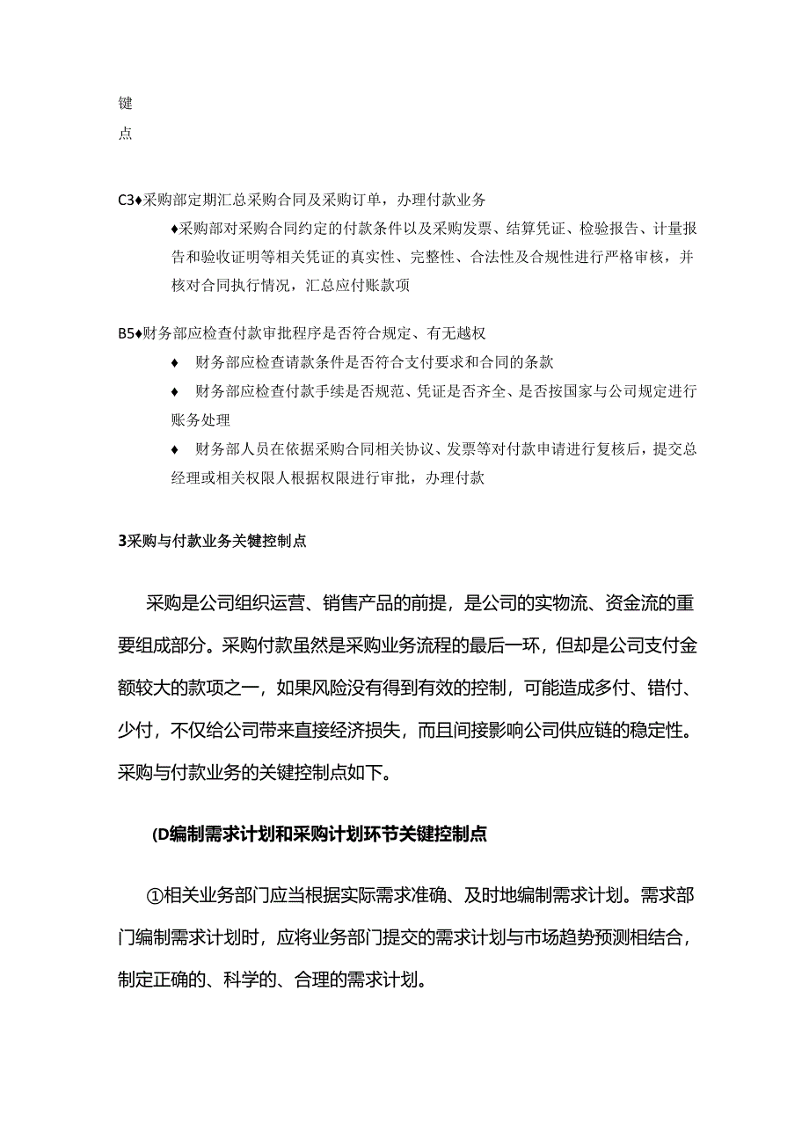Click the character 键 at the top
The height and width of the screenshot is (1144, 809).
[x=125, y=104]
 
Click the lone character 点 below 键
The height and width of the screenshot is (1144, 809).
[x=125, y=135]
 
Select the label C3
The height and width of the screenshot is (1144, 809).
[x=124, y=200]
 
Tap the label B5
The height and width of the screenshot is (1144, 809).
[x=124, y=333]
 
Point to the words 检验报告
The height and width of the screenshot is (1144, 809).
[x=609, y=230]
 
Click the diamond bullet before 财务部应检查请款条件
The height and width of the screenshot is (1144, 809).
[x=175, y=363]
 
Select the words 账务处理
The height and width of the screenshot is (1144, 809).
[x=200, y=420]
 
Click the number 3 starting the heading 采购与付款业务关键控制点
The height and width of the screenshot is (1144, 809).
[x=121, y=542]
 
